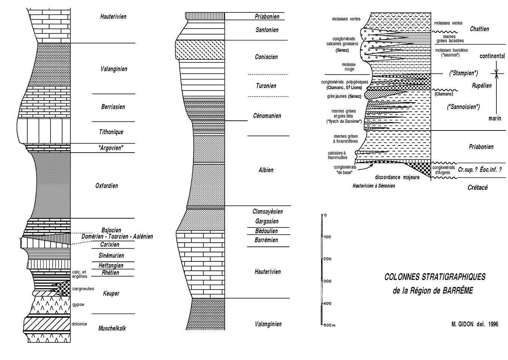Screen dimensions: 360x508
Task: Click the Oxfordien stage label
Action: (106, 186)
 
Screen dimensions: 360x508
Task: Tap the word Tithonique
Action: (111, 132)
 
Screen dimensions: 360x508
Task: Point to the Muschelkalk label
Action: (112, 328)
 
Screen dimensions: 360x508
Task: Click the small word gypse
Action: (78, 304)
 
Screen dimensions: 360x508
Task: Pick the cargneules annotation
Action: (83, 288)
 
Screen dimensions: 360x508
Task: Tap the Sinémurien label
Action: (111, 256)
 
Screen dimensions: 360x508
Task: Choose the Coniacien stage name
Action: (266, 57)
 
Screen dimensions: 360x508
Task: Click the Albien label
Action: (266, 170)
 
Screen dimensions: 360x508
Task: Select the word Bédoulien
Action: (267, 231)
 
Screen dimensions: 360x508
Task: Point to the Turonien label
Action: (266, 86)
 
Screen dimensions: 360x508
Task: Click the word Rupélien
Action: (481, 86)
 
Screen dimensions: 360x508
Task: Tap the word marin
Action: (495, 118)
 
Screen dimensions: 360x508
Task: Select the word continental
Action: (492, 56)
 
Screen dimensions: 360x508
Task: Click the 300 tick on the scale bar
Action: (326, 281)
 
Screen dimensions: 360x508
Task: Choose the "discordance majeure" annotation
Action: (397, 177)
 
